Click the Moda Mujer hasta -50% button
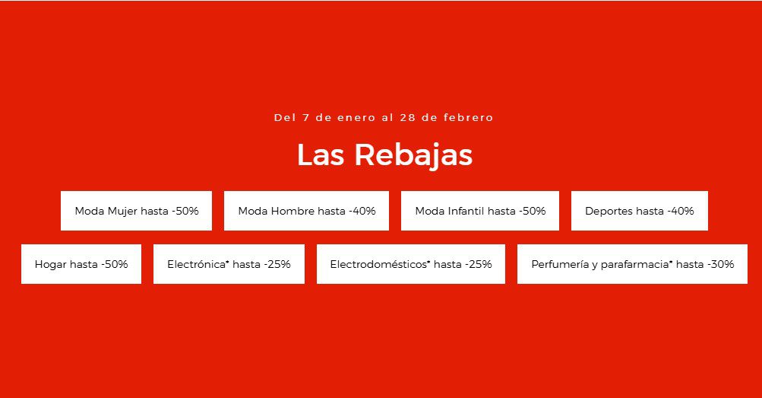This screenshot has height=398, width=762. point(136,211)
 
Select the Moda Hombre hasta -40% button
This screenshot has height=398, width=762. point(306,211)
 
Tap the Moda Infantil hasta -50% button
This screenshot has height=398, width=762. point(480,211)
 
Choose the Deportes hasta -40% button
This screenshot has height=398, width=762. point(640,211)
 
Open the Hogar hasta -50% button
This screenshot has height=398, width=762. point(81,264)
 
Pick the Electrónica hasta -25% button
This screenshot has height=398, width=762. point(229,264)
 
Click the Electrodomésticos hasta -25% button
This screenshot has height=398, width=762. point(411,264)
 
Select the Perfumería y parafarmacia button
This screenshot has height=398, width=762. point(632,264)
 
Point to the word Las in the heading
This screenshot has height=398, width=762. point(321,155)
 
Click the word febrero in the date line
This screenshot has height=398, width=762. point(469,117)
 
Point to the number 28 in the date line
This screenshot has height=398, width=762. point(408,118)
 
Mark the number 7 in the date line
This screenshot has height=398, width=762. point(305,118)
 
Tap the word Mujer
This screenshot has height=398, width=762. point(123,212)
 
